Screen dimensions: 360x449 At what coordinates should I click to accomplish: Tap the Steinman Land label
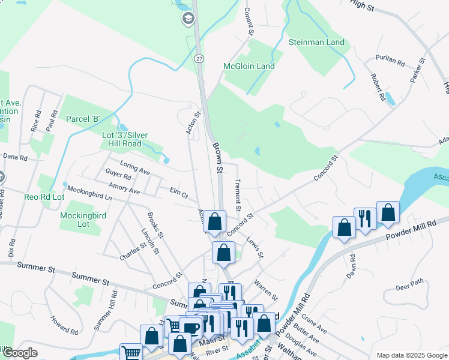(316, 43)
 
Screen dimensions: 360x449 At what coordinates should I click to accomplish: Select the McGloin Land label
(249, 66)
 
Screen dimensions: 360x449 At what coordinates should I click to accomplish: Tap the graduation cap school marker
(188, 19)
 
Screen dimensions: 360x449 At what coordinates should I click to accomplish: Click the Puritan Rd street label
(390, 61)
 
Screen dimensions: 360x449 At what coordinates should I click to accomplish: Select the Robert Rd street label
(377, 87)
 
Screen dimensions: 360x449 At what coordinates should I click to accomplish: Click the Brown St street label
(217, 158)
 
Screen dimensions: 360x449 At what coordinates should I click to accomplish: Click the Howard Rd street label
(65, 325)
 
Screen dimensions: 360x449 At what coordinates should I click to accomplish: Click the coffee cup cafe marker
(191, 328)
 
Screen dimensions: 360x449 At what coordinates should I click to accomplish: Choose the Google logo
(19, 353)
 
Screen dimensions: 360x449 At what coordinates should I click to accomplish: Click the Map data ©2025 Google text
(411, 355)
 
